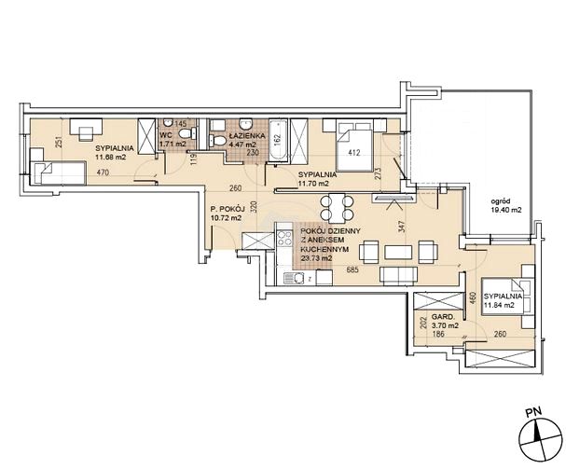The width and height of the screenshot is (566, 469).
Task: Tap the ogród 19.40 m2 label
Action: (x=505, y=206)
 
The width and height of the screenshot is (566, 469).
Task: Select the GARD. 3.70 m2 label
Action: (x=445, y=322)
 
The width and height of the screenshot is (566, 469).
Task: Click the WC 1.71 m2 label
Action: (x=173, y=141)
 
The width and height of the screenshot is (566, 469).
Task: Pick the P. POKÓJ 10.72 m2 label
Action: (x=228, y=213)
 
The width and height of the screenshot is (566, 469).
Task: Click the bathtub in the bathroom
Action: (x=279, y=141)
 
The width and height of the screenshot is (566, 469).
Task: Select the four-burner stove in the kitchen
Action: (x=284, y=239)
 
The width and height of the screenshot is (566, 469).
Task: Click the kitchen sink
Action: (x=296, y=279)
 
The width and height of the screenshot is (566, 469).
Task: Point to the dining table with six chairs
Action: (x=337, y=208)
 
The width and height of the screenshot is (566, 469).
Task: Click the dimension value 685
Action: (x=352, y=269)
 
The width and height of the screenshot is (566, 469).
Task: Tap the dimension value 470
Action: (x=103, y=172)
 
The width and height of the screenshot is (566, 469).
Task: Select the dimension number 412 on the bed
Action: (x=354, y=153)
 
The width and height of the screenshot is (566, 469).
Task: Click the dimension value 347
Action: (x=404, y=226)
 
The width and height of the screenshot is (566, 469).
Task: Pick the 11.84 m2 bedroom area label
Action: (x=499, y=305)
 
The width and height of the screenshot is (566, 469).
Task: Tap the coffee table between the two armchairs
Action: (x=398, y=252)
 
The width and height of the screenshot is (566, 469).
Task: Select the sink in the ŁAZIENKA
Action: (x=245, y=124)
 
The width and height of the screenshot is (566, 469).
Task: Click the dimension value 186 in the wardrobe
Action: (x=438, y=335)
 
